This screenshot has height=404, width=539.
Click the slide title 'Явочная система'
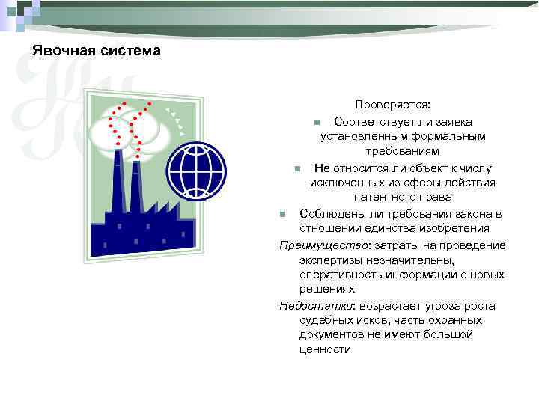pos(96,52)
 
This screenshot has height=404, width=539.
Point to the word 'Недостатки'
pos(308,306)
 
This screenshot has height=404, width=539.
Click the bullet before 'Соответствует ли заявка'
pos(317,122)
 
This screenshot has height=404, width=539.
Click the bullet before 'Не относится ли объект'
pos(297,168)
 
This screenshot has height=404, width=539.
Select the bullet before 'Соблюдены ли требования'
pos(282,215)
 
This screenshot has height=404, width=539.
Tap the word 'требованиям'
pos(403,152)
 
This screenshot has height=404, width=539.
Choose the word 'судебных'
pos(323,320)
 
